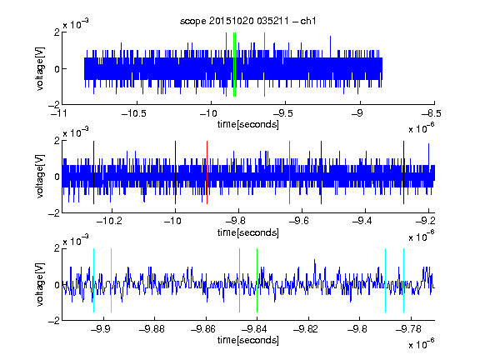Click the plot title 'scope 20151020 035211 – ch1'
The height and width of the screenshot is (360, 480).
[x=248, y=21]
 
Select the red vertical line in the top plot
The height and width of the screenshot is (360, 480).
[x=226, y=65]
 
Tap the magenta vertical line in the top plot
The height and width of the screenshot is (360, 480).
[x=264, y=65]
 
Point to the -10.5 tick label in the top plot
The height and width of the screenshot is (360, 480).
[x=134, y=113]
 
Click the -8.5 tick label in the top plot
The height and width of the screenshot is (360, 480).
[x=432, y=113]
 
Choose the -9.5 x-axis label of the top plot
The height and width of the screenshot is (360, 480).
[x=282, y=113]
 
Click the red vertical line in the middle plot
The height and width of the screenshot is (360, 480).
[x=207, y=172]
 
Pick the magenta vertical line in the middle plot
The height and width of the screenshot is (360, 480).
[x=290, y=172]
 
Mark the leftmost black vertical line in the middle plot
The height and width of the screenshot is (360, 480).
[x=93, y=172]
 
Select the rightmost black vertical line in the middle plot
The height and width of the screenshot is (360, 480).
[x=404, y=172]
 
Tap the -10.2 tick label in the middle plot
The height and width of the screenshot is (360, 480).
[x=109, y=221]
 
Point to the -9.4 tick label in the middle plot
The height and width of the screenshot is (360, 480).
[x=362, y=221]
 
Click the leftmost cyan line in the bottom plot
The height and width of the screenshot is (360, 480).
[x=93, y=280]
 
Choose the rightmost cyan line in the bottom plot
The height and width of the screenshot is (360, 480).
[x=404, y=280]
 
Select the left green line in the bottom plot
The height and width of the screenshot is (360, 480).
[x=239, y=280]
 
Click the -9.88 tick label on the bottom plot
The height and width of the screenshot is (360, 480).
[x=152, y=329]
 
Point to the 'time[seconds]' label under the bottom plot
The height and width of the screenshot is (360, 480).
[x=248, y=340]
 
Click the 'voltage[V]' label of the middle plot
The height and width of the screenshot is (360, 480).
[x=40, y=177]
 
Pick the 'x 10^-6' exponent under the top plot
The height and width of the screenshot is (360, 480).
[x=422, y=128]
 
